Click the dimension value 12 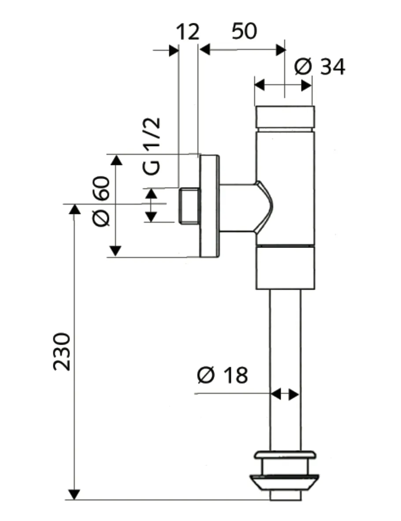(188, 32)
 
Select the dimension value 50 (244, 32)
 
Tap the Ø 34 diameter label (320, 67)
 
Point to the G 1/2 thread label (152, 147)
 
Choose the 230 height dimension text (62, 352)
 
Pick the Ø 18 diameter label (223, 375)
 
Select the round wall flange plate (209, 206)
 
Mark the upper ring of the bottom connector (284, 456)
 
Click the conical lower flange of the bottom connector (284, 482)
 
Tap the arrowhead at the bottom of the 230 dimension (75, 494)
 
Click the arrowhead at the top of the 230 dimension (75, 210)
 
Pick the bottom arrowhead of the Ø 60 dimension (115, 251)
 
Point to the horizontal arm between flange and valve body (237, 206)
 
